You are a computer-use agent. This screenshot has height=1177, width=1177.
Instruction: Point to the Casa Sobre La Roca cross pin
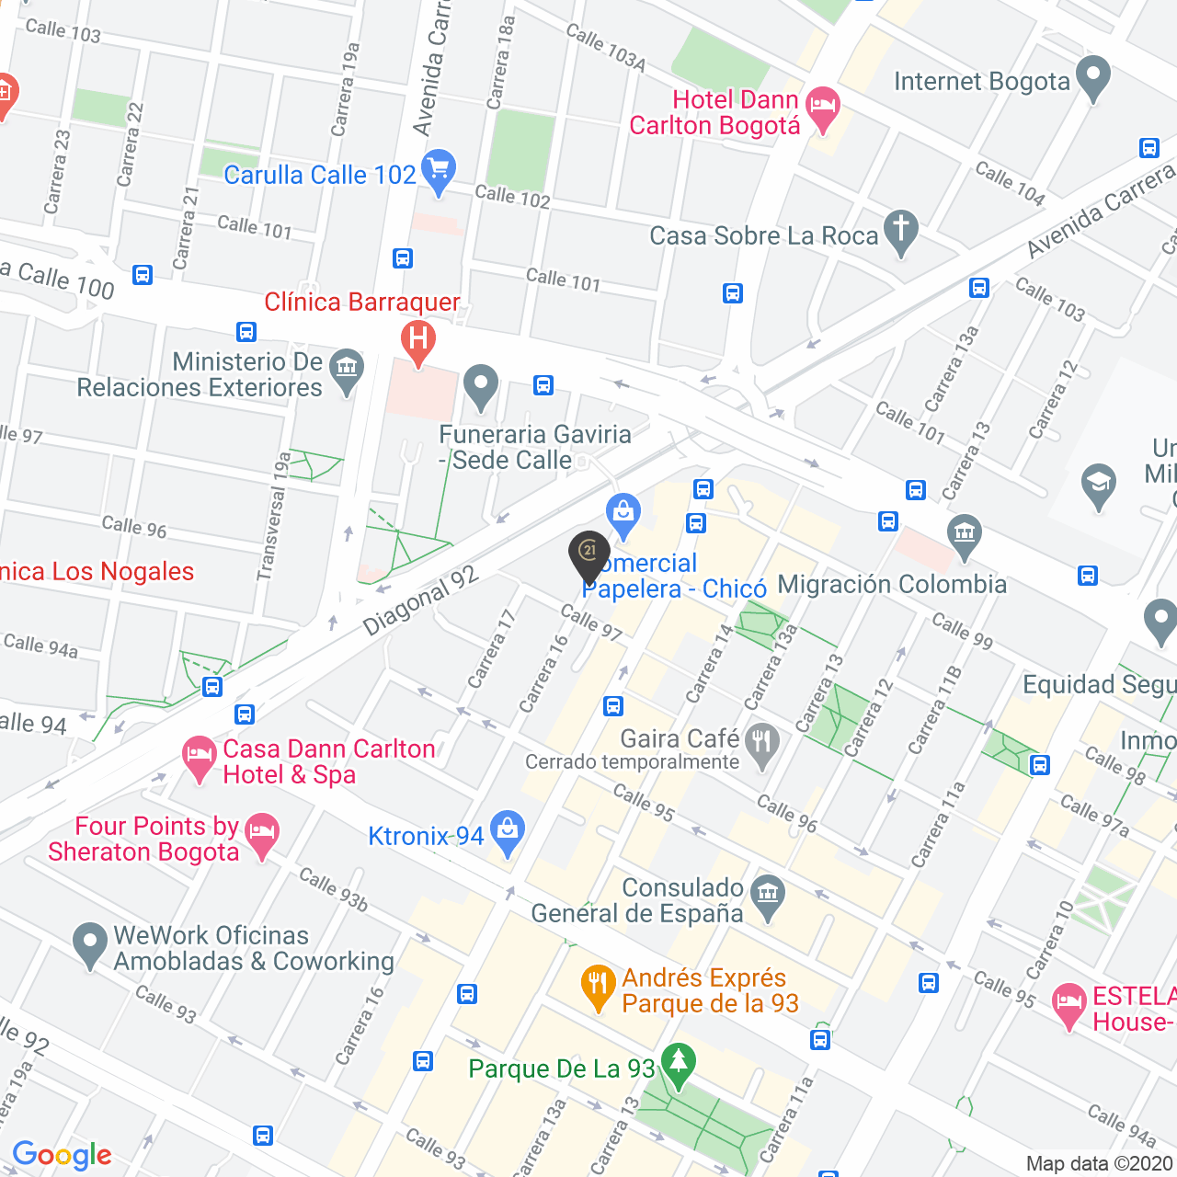pyautogui.click(x=900, y=231)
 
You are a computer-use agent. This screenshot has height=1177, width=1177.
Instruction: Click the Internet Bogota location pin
pyautogui.click(x=1092, y=78)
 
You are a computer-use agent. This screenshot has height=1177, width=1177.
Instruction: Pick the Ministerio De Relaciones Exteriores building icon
pyautogui.click(x=347, y=371)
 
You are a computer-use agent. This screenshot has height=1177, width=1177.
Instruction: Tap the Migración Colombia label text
pyautogui.click(x=892, y=585)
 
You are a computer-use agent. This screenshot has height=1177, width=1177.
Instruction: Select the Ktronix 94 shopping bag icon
pyautogui.click(x=507, y=831)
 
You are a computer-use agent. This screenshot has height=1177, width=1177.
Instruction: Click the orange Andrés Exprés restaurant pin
pyautogui.click(x=598, y=987)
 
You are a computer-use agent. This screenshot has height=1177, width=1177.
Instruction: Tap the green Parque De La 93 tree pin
pyautogui.click(x=679, y=1065)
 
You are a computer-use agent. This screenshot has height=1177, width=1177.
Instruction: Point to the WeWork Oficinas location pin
pyautogui.click(x=90, y=944)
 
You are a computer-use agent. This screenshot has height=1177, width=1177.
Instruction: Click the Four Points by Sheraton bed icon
pyautogui.click(x=262, y=834)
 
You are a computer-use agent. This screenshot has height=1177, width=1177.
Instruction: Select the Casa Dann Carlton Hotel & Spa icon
pyautogui.click(x=200, y=758)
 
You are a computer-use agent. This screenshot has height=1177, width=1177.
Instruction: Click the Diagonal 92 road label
pyautogui.click(x=420, y=600)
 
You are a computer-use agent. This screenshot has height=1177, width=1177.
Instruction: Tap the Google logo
pyautogui.click(x=62, y=1155)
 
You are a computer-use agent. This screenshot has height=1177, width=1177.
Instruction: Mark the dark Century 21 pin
pyautogui.click(x=589, y=554)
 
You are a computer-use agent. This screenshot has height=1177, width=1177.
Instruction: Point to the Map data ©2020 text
pyautogui.click(x=1100, y=1164)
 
